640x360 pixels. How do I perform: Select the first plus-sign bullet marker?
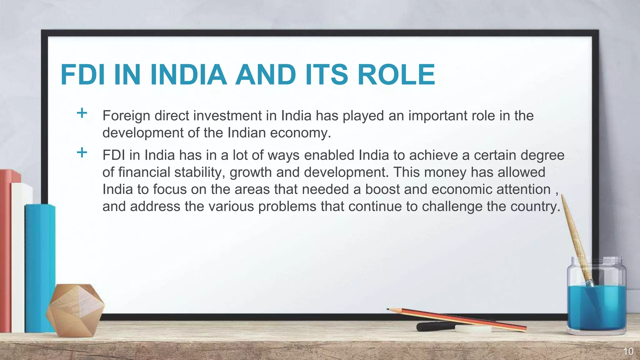pyautogui.click(x=82, y=113)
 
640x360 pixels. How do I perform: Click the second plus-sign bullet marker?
pyautogui.click(x=82, y=153)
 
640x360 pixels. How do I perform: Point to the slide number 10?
pyautogui.click(x=628, y=352)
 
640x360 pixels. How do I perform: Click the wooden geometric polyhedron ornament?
pyautogui.click(x=75, y=309)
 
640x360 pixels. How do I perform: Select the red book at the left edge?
pyautogui.click(x=6, y=250)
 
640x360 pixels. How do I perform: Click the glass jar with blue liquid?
pyautogui.click(x=596, y=300)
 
